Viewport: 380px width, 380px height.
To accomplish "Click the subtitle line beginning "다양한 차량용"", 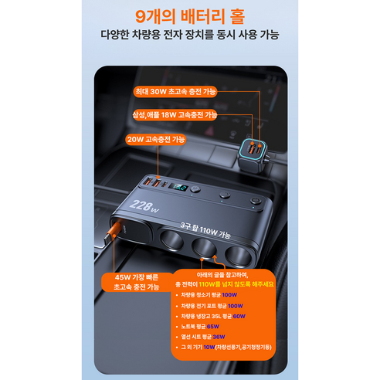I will [x=189, y=36].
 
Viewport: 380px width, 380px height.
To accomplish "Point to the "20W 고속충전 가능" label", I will [x=158, y=140].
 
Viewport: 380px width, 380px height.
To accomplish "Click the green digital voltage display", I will [x=178, y=188].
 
